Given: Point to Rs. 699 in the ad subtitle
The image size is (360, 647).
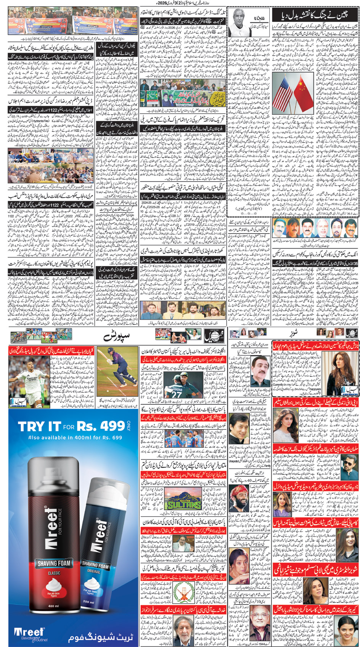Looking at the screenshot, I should point(111,437).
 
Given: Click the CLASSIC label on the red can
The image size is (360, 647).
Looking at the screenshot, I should point(54,573).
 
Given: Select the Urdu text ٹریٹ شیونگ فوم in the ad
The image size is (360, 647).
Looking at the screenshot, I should point(101,637).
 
